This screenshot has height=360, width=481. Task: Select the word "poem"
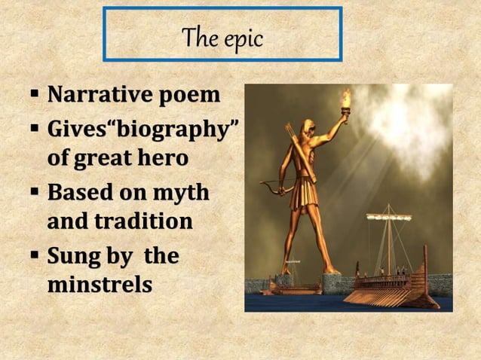(x=191, y=96)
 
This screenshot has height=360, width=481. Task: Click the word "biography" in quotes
(x=167, y=130)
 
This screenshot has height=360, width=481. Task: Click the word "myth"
(x=179, y=194)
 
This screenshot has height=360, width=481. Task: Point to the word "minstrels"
(x=99, y=286)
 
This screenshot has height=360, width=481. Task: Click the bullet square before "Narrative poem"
(x=33, y=96)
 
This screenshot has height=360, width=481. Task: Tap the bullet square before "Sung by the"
(x=33, y=256)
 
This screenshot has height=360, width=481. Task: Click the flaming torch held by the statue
(x=346, y=100)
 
